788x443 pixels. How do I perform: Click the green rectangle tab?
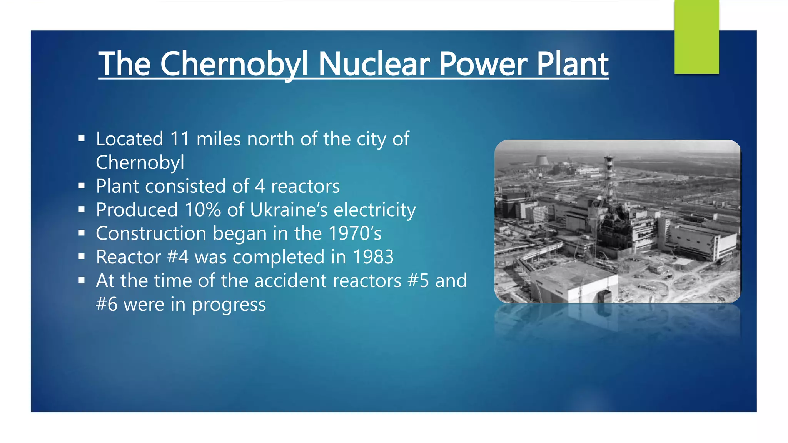(x=696, y=37)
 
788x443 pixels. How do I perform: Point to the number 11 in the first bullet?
(x=180, y=139)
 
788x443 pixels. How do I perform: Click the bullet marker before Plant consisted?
(x=82, y=186)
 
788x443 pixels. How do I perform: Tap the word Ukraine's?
(x=289, y=210)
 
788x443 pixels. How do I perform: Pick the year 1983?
(x=373, y=257)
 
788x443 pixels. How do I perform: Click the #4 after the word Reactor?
(x=178, y=257)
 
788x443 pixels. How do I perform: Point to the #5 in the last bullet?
(x=418, y=281)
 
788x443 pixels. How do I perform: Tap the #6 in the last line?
(x=107, y=305)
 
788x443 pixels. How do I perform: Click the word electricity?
(x=374, y=210)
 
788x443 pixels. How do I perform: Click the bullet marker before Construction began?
(x=82, y=233)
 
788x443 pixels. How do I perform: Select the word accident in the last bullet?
(x=290, y=281)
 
